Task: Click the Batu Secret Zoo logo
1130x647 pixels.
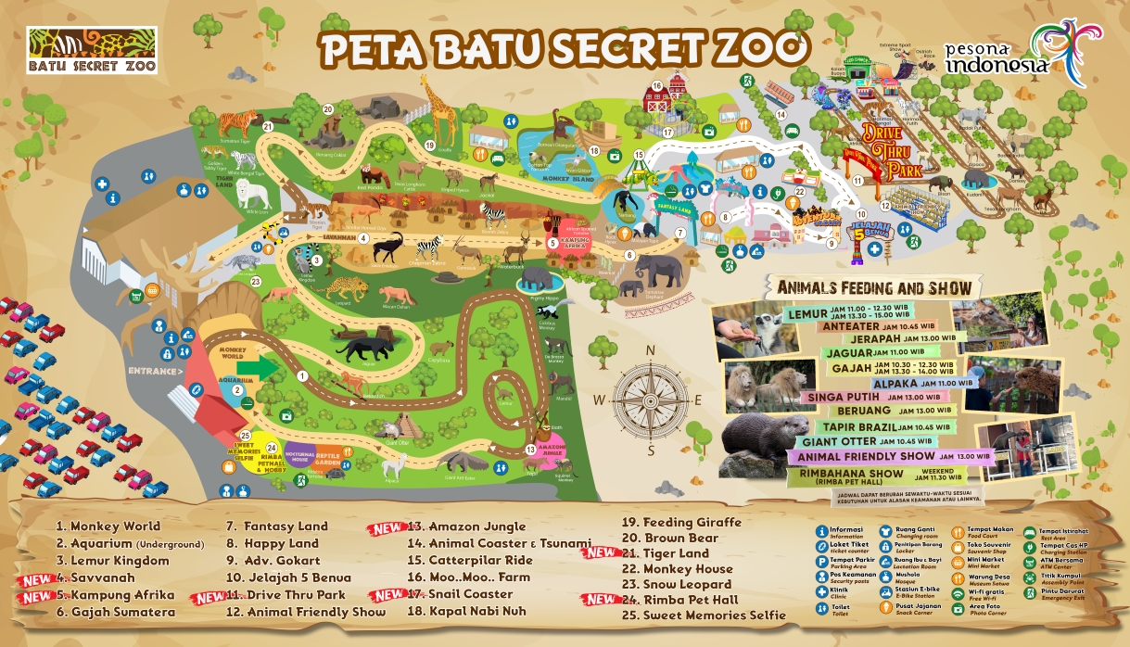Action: point(93,50)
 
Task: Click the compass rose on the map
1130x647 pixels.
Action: point(651,400)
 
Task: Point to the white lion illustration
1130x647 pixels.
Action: point(252,195)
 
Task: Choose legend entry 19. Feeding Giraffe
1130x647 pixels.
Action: point(681,522)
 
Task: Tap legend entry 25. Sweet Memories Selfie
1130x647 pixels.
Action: point(704,615)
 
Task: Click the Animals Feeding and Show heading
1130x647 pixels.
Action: point(874,287)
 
